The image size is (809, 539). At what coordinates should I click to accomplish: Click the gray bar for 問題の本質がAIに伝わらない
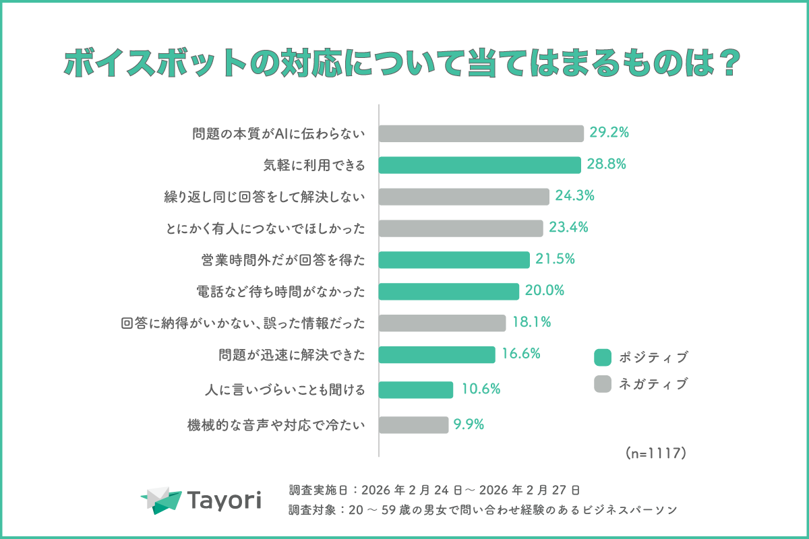[481, 133]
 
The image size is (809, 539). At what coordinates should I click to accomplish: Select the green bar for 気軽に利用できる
[479, 165]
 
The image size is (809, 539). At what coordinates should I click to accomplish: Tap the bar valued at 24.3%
[464, 197]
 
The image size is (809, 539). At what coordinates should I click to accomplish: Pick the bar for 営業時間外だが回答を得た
[454, 259]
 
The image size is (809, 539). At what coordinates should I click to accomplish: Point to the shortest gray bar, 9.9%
[413, 424]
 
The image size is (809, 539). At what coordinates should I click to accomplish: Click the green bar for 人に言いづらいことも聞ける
[416, 389]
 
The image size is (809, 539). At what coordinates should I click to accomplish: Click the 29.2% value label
[609, 133]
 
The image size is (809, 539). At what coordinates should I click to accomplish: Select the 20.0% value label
[544, 290]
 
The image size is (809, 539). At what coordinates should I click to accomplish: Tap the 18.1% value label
[531, 322]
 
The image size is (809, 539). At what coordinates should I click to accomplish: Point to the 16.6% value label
[520, 353]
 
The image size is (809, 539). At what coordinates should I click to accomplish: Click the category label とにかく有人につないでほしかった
[264, 228]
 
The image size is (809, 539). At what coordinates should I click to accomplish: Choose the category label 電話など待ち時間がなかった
[279, 291]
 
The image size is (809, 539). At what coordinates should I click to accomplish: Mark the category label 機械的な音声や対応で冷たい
[276, 425]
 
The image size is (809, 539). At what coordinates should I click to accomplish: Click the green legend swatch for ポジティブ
[602, 357]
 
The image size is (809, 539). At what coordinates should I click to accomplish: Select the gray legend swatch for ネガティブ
[602, 384]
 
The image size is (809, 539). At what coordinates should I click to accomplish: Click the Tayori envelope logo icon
[162, 499]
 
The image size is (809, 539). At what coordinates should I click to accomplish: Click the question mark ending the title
[731, 66]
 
